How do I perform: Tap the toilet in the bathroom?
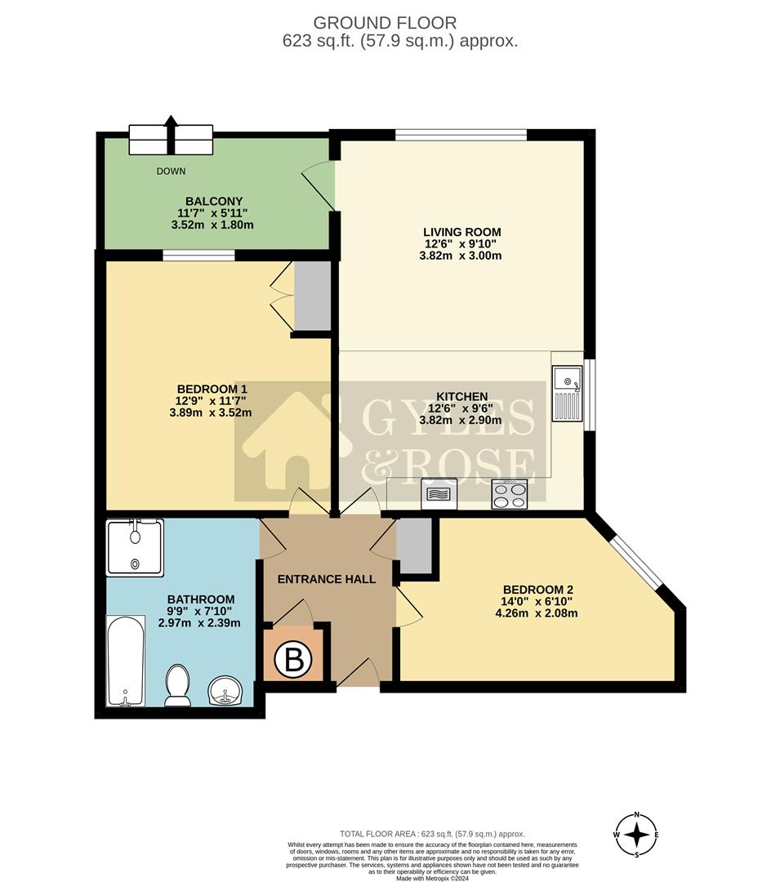click(x=177, y=684)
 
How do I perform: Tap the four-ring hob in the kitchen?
click(x=509, y=494)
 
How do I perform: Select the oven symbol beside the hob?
click(x=438, y=494)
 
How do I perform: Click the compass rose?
click(x=637, y=835)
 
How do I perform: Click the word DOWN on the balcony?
click(x=172, y=171)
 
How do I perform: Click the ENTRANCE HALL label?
click(x=327, y=579)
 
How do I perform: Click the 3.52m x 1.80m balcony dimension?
click(x=210, y=225)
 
